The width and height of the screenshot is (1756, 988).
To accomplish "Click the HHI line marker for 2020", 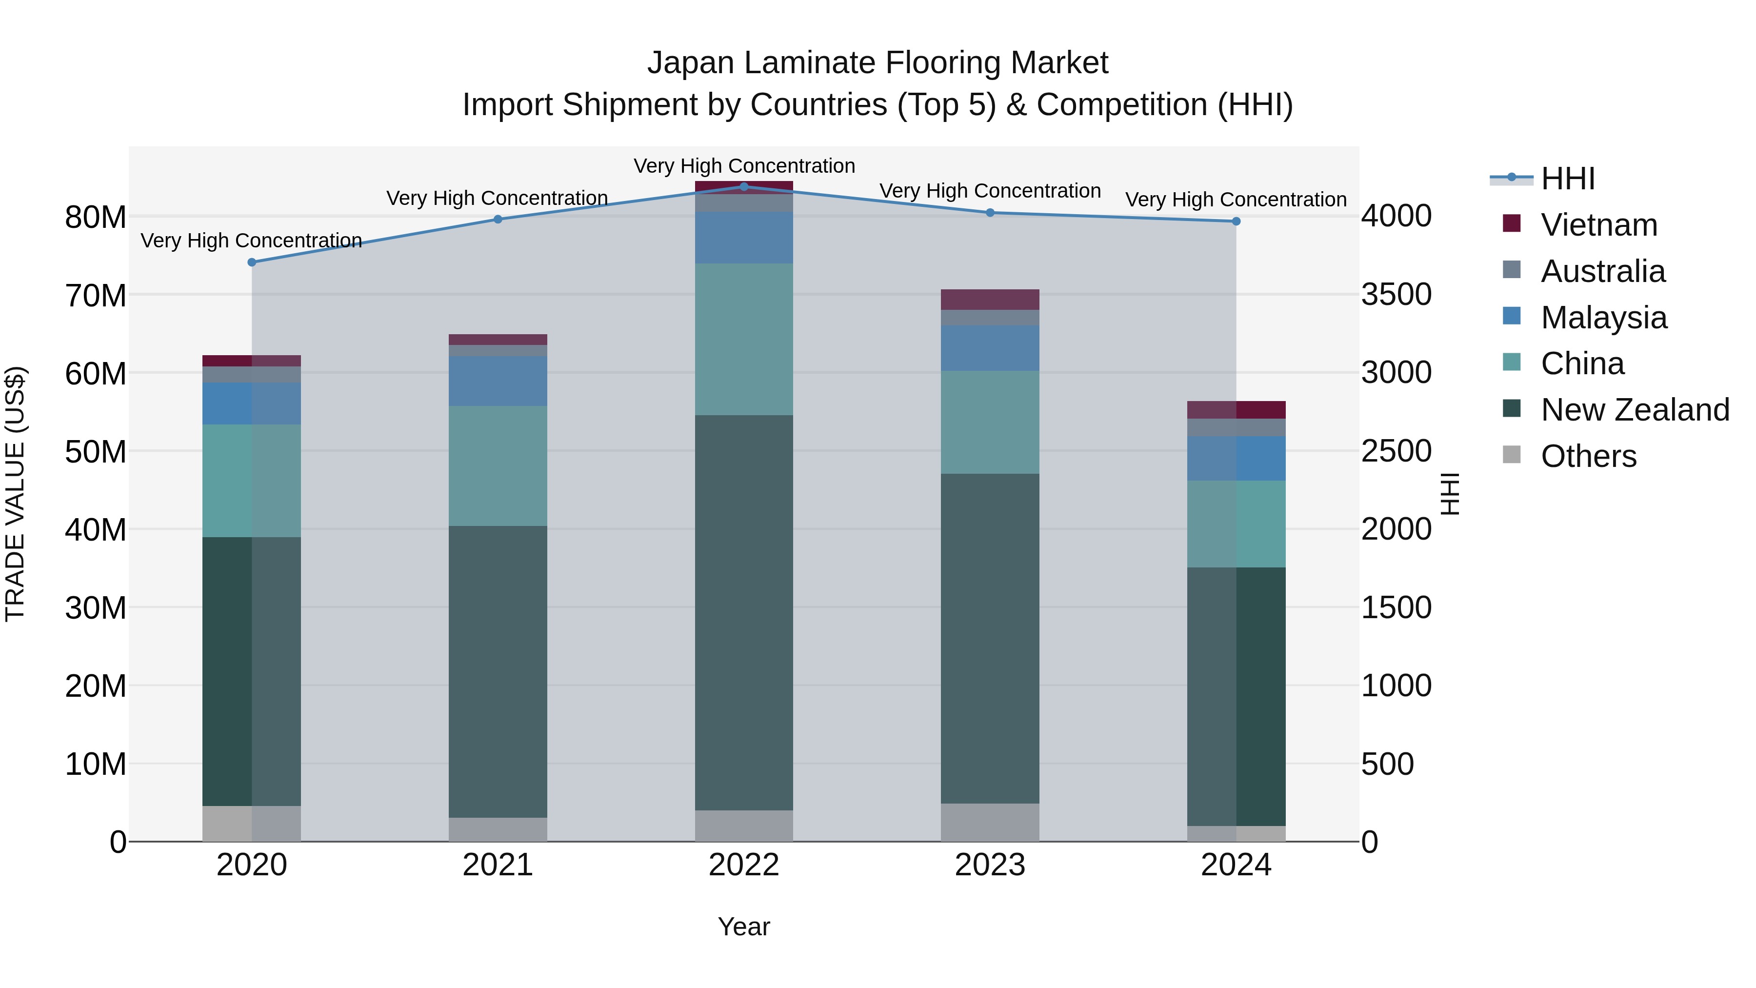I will [252, 262].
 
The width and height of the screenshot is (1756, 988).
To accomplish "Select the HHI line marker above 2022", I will [744, 186].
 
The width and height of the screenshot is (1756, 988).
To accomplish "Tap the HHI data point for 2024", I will [1236, 221].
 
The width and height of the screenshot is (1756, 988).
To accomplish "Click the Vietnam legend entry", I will [1598, 225].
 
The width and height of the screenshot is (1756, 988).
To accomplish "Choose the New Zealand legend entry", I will [1635, 410].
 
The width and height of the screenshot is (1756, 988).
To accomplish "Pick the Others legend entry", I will [1588, 456].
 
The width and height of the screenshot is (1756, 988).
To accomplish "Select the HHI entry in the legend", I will [1567, 179].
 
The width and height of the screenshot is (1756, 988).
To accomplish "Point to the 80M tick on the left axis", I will [96, 218].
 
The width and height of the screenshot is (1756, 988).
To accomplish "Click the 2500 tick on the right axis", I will [1396, 451].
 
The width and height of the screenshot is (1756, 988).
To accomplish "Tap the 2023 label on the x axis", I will [990, 865].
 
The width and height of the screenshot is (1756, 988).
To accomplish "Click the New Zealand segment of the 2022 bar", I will [744, 612].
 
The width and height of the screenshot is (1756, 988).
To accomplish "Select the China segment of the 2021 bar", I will [498, 466].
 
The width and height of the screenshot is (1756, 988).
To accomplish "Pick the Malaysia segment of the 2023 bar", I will [990, 348].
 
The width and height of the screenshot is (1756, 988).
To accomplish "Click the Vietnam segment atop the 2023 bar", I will [990, 300].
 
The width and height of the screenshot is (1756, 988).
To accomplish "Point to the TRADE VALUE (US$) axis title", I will [15, 494].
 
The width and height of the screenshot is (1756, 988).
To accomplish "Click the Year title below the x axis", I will [744, 927].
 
